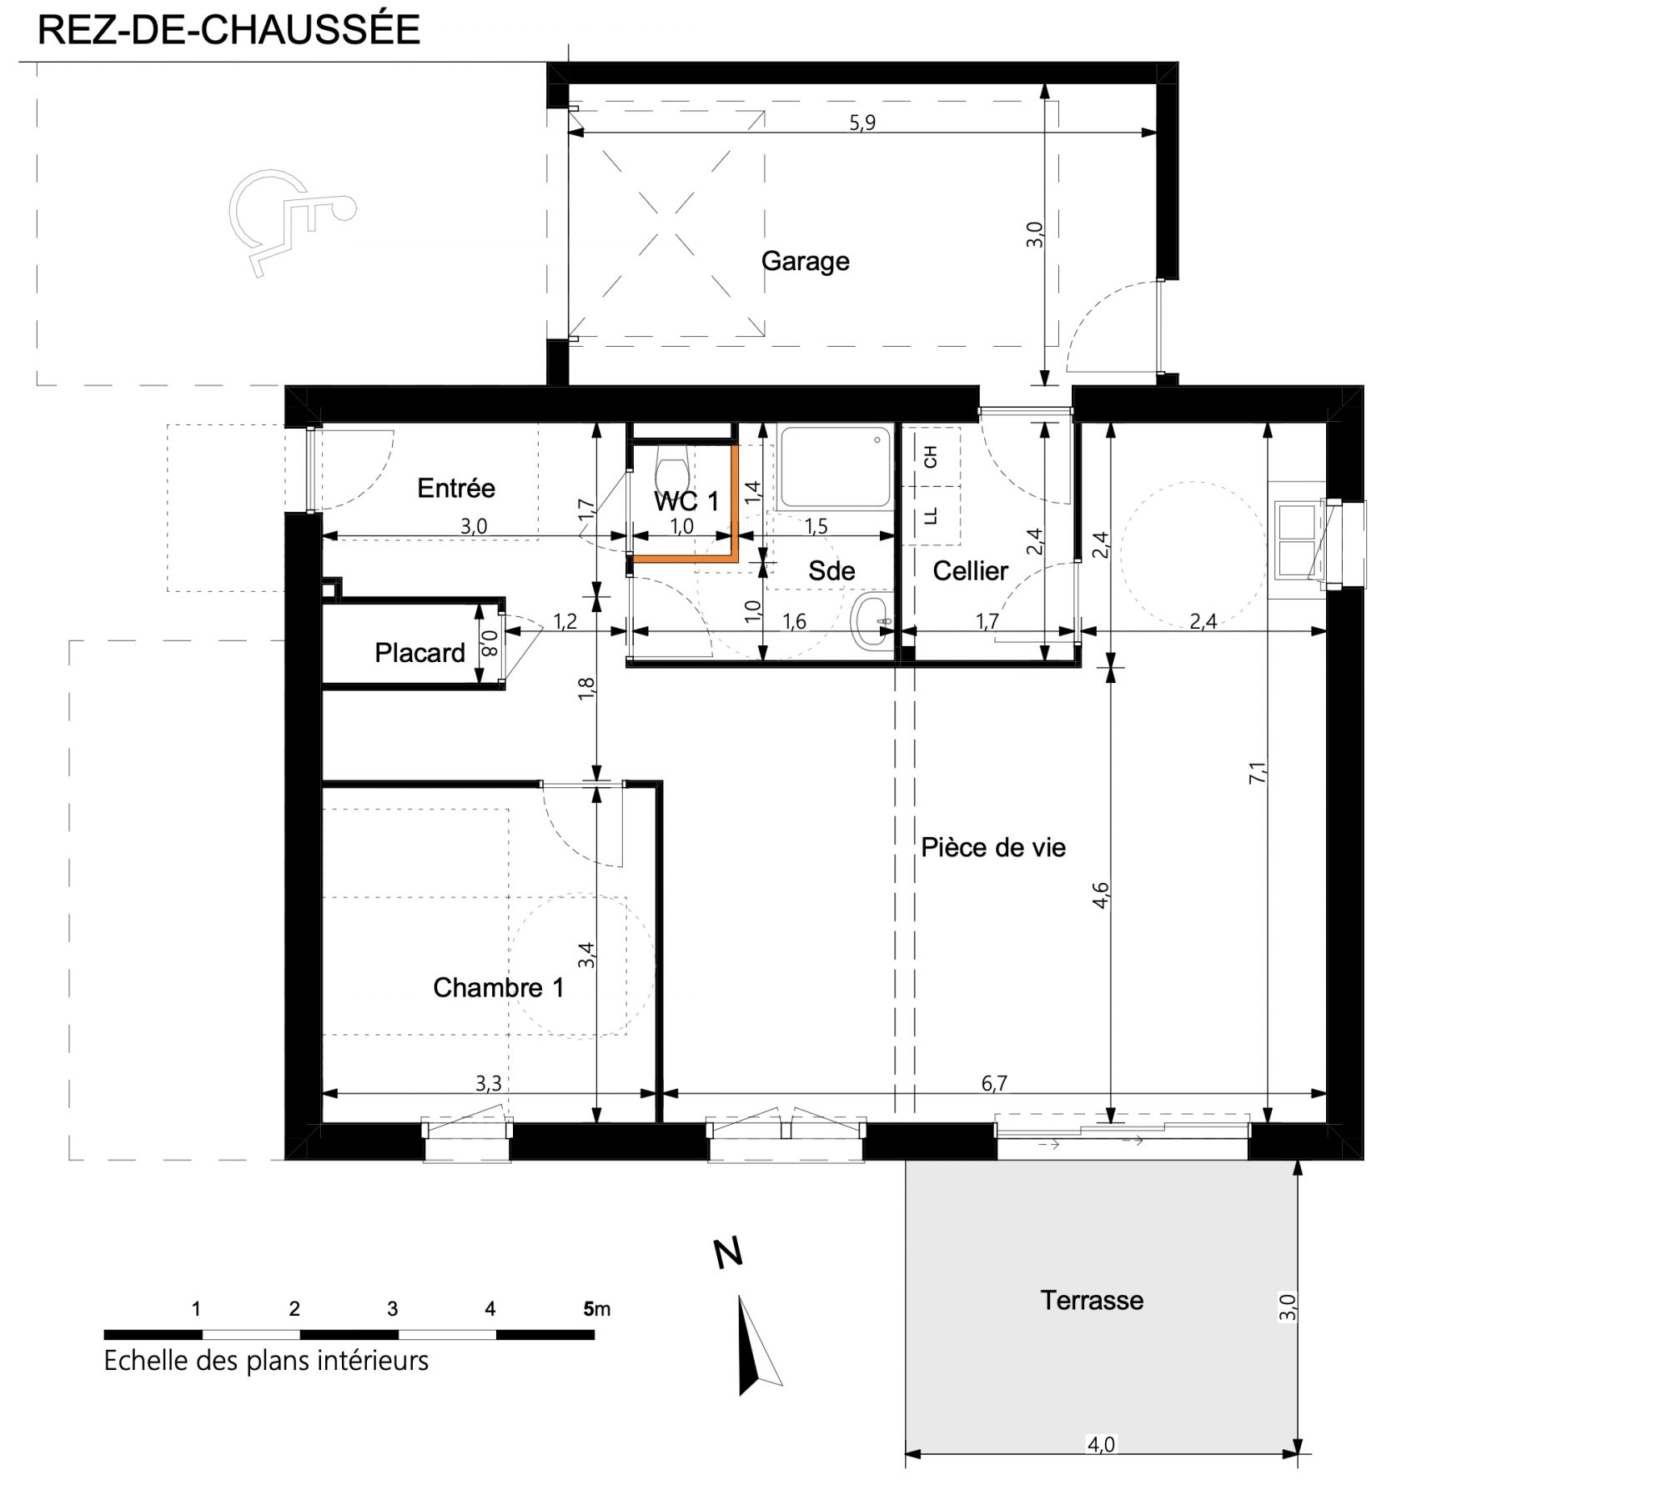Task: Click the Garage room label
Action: click(805, 263)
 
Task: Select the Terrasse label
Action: click(1092, 1300)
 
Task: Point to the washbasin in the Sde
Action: click(872, 620)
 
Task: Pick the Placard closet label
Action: click(420, 652)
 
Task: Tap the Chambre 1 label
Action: click(498, 988)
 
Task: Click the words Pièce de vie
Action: click(993, 848)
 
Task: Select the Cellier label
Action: click(970, 571)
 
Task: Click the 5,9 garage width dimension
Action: click(862, 123)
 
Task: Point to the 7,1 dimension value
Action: click(1259, 772)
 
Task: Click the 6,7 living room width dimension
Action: click(994, 1083)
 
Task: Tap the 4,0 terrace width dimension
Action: click(1101, 1445)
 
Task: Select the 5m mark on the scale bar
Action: click(596, 1309)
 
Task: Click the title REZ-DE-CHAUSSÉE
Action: click(229, 30)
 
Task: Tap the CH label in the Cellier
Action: click(931, 457)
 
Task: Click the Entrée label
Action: click(456, 488)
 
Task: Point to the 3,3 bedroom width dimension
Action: click(489, 1083)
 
